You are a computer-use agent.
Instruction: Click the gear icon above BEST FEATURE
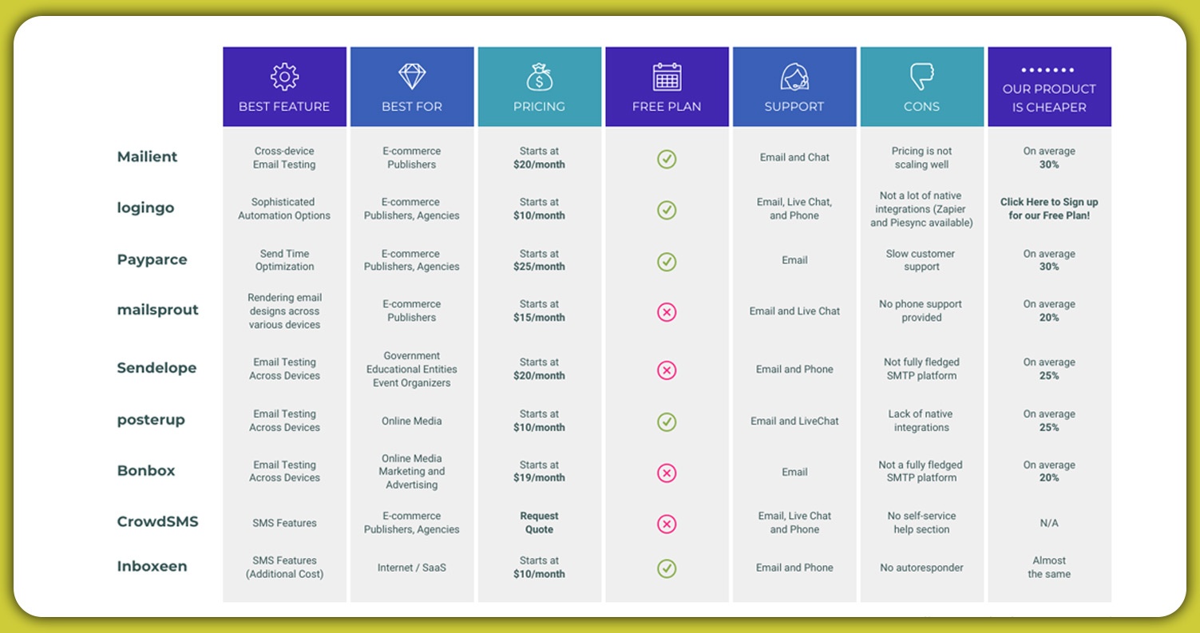[x=284, y=77]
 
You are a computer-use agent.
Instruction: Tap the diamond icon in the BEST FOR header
[x=412, y=77]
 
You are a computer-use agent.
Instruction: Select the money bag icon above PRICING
[x=539, y=77]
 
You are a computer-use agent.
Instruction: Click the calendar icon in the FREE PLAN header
[x=667, y=77]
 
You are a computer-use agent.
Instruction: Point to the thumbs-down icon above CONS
[x=921, y=77]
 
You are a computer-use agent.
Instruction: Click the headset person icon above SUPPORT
[x=794, y=77]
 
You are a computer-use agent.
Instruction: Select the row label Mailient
[x=147, y=156]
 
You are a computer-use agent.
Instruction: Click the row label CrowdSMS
[x=157, y=521]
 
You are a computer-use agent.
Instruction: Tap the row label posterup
[x=151, y=419]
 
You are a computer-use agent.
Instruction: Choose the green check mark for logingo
[x=667, y=210]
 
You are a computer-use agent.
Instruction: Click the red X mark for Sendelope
[x=667, y=370]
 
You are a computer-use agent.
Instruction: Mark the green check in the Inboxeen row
[x=667, y=568]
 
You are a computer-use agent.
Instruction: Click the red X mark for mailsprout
[x=667, y=312]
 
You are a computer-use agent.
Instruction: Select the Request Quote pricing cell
[x=539, y=523]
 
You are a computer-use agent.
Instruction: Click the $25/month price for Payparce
[x=539, y=267]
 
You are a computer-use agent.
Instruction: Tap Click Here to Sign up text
[x=1049, y=208]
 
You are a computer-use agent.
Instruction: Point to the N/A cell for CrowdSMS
[x=1049, y=523]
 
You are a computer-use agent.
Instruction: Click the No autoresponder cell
[x=921, y=568]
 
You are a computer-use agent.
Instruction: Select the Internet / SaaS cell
[x=412, y=568]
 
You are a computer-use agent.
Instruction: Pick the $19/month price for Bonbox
[x=539, y=477]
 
